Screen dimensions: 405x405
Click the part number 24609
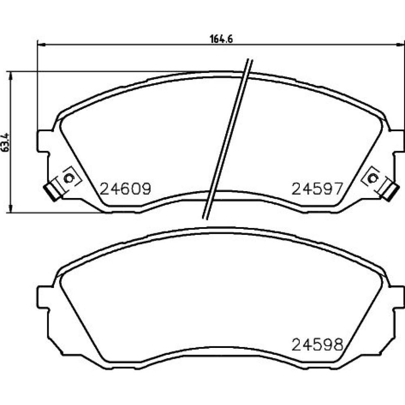pyautogui.click(x=125, y=189)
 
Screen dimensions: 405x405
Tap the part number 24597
pyautogui.click(x=317, y=189)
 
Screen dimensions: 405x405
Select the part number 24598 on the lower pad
pyautogui.click(x=317, y=345)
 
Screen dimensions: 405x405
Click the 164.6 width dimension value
pyautogui.click(x=222, y=39)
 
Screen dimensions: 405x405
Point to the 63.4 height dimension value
pyautogui.click(x=6, y=142)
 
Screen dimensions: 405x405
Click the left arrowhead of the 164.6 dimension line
pyautogui.click(x=41, y=45)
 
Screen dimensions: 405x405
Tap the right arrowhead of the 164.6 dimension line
pyautogui.click(x=400, y=45)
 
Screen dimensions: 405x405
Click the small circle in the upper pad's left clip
pyautogui.click(x=68, y=178)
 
